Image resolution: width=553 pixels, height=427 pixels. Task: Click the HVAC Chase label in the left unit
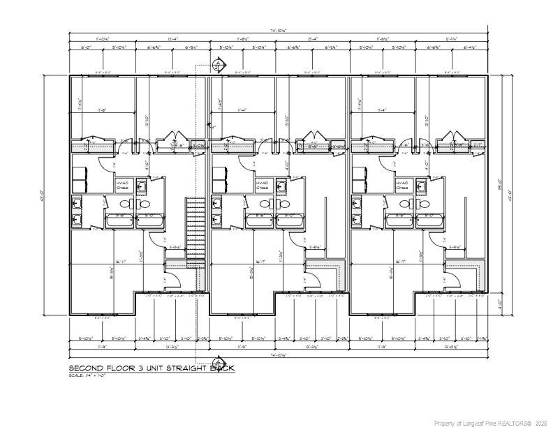click(123, 185)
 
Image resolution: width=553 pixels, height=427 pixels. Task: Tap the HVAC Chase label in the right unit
click(402, 185)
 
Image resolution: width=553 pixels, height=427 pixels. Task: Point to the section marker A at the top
click(218, 66)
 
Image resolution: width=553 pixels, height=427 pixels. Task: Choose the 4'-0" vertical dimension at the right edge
click(501, 304)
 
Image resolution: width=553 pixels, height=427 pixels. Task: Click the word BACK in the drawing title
click(223, 368)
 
